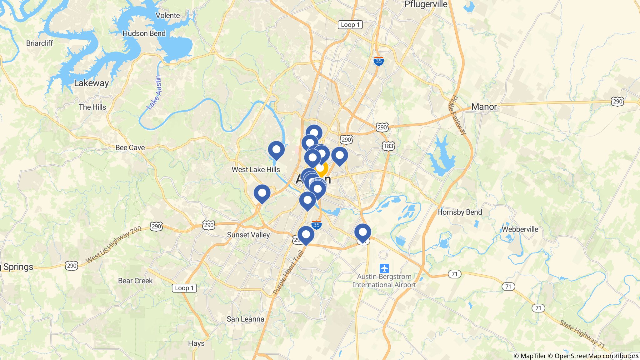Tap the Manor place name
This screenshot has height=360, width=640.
(x=484, y=107)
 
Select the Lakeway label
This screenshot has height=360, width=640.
(x=91, y=83)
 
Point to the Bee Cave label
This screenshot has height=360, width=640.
(x=130, y=147)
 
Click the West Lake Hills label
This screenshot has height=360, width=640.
(x=256, y=169)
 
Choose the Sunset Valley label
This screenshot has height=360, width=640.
(x=248, y=235)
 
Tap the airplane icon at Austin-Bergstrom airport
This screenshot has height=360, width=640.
(x=384, y=268)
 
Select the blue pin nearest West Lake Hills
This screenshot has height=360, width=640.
(x=276, y=150)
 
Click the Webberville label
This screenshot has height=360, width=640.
(x=520, y=229)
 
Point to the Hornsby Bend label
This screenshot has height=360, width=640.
(x=459, y=212)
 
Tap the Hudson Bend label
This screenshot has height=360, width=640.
(x=144, y=33)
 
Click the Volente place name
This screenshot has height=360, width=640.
(x=168, y=15)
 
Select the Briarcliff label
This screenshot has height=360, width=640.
(x=39, y=43)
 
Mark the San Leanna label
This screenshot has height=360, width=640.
(x=245, y=319)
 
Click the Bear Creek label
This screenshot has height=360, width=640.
(x=135, y=281)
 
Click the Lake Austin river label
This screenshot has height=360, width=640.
(x=154, y=92)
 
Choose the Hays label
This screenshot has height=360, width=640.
(x=196, y=343)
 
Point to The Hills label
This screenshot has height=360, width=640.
(x=92, y=107)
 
